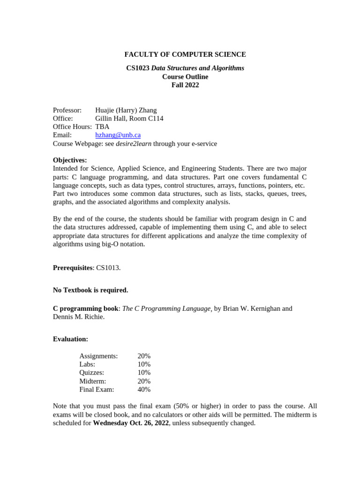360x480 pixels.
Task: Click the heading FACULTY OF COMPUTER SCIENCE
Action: point(185,55)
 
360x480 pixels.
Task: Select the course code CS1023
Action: point(138,68)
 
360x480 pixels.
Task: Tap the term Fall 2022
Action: point(185,85)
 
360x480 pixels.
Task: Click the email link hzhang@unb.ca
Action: point(118,135)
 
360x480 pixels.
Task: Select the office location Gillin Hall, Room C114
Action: point(129,119)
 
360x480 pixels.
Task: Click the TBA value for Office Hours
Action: point(102,127)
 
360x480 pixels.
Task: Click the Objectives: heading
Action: point(70,160)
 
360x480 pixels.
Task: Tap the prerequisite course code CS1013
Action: point(108,268)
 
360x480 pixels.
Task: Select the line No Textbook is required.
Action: point(90,290)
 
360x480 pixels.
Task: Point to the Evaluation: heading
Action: point(70,339)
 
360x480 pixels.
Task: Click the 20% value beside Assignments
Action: point(144,356)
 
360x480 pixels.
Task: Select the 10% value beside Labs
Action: point(144,365)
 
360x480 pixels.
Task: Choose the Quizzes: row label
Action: point(92,373)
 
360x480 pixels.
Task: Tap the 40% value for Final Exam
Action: point(144,390)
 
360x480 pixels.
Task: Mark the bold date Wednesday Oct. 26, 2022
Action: point(131,423)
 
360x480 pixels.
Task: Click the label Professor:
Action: point(67,110)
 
